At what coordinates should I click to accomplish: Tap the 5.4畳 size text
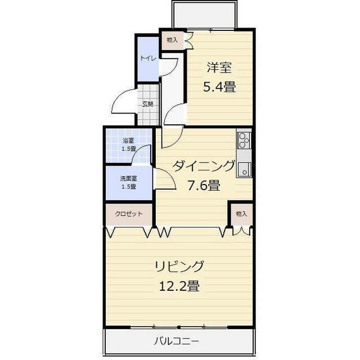pyautogui.click(x=219, y=87)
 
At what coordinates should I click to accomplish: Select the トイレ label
pyautogui.click(x=148, y=58)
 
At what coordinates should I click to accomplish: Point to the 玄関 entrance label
pyautogui.click(x=147, y=104)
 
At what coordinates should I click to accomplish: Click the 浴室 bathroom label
pyautogui.click(x=129, y=140)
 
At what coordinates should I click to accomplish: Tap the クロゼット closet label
pyautogui.click(x=129, y=214)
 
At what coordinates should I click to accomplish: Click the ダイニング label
pyautogui.click(x=203, y=166)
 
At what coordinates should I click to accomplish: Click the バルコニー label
pyautogui.click(x=177, y=341)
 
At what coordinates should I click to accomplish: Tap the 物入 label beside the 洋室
pyautogui.click(x=172, y=39)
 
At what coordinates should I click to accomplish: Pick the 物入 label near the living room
pyautogui.click(x=241, y=214)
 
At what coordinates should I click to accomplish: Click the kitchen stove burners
pyautogui.click(x=244, y=139)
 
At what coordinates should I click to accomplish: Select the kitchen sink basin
pyautogui.click(x=244, y=167)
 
